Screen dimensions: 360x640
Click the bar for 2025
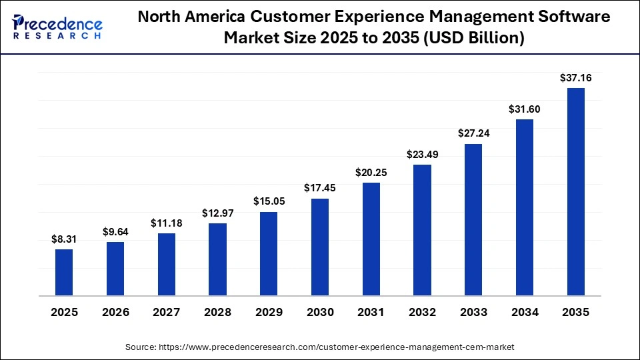(x=64, y=272)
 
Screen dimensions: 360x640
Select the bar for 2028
(x=217, y=259)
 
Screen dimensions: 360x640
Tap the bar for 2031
(x=371, y=239)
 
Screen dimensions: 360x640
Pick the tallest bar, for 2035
(x=575, y=191)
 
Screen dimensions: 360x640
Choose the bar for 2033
(x=473, y=219)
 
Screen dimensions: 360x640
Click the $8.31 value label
(x=64, y=239)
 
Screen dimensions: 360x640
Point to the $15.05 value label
(x=269, y=201)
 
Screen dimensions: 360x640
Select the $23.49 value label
(x=422, y=154)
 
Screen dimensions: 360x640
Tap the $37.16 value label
(x=575, y=77)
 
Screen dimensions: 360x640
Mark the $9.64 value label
(x=115, y=231)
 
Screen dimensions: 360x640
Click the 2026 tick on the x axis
(x=115, y=312)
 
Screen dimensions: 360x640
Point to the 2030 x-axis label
(x=320, y=312)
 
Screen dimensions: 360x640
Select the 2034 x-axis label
(x=525, y=312)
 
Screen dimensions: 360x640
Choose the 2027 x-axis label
(x=167, y=312)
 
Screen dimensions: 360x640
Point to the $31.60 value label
(x=525, y=109)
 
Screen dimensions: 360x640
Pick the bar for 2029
(x=269, y=253)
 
